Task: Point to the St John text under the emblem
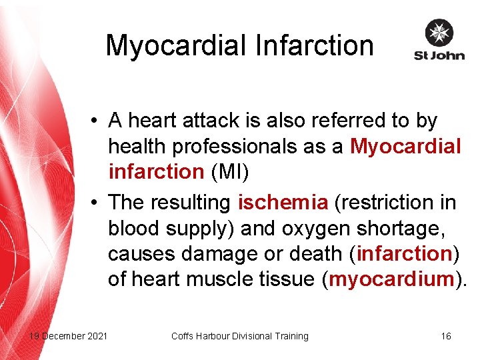439,55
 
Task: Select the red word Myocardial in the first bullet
405,146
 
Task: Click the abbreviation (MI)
229,172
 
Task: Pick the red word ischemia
283,201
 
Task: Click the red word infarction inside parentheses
404,253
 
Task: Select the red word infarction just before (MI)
156,172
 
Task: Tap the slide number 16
446,336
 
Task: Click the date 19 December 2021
68,336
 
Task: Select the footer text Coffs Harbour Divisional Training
240,336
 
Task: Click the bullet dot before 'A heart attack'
97,121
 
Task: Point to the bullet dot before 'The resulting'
97,201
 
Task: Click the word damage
225,253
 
